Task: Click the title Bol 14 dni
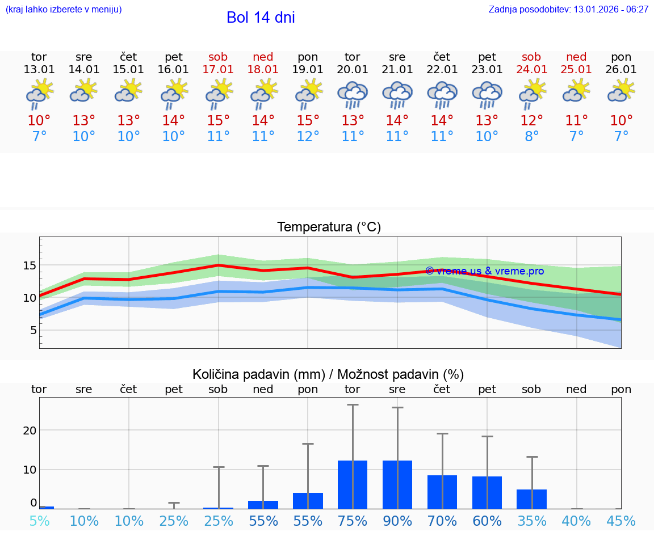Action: (261, 18)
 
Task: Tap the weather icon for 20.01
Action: (353, 95)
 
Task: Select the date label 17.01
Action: (218, 70)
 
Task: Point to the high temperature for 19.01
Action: (308, 121)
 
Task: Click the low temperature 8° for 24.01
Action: (532, 136)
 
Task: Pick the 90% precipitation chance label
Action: (397, 521)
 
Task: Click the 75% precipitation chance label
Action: (353, 521)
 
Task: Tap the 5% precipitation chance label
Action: (39, 521)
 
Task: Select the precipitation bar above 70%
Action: (442, 492)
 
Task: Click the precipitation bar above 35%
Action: (532, 499)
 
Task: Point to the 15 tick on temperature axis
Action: (30, 265)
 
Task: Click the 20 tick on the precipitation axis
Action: (30, 430)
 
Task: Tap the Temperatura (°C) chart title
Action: (329, 227)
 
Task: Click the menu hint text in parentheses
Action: (64, 10)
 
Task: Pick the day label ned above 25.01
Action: (576, 57)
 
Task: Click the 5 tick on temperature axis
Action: (33, 330)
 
